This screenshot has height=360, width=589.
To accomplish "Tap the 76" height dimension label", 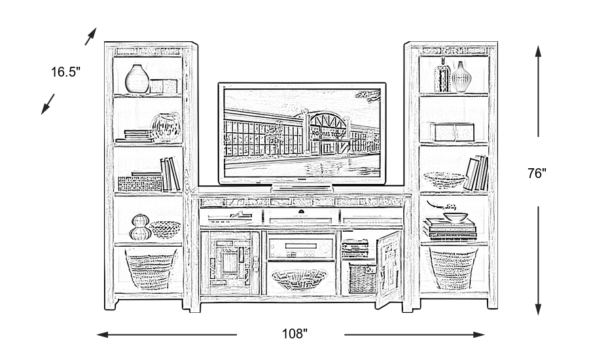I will click(536, 173).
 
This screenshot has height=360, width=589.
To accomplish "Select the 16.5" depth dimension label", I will click(65, 72).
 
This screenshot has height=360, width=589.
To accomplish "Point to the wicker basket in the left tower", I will click(150, 268).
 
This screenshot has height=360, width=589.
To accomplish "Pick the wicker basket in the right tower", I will click(452, 268).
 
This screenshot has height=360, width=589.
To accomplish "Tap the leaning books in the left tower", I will click(170, 174).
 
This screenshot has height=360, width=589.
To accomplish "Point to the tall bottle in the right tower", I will click(444, 76).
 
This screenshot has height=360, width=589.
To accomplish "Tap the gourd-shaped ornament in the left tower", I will click(138, 227).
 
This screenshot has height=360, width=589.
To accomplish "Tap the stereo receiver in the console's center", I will click(300, 248).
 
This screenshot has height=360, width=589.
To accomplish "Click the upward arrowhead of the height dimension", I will click(537, 51).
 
